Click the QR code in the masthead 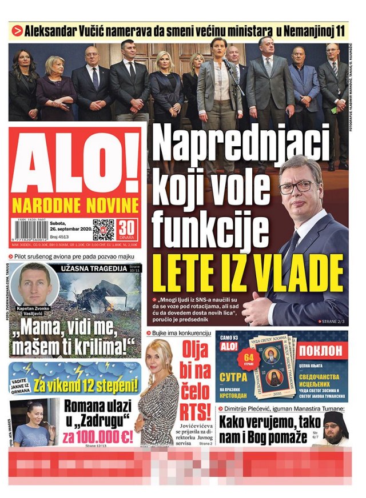[104, 229]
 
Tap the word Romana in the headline [86, 408]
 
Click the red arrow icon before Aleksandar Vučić [18, 31]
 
